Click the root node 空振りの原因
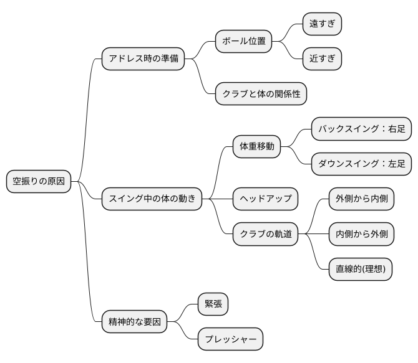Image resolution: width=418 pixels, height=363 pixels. point(39,182)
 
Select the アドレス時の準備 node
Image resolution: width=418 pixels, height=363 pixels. point(143,59)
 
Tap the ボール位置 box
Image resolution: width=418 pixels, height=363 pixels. point(244,42)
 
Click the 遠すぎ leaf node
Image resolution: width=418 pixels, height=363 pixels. point(322,24)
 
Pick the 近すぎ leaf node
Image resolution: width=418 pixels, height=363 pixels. point(322,59)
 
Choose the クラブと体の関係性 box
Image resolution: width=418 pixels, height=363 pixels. point(261,94)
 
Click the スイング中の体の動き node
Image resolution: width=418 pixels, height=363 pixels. point(152,199)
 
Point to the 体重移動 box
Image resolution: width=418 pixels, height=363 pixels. point(257,147)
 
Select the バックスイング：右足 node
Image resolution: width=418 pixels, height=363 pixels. point(361,129)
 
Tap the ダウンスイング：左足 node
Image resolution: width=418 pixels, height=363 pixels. point(361,164)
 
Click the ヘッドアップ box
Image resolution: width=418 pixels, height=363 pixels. point(265,199)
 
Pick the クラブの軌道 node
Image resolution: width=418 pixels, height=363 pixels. point(266,234)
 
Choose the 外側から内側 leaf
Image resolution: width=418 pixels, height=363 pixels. point(361,199)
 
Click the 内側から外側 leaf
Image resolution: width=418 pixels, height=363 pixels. point(361,234)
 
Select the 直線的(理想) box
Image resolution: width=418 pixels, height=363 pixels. point(361,269)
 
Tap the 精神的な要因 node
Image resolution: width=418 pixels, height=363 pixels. point(135,322)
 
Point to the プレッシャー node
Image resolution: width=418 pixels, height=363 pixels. point(230,339)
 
